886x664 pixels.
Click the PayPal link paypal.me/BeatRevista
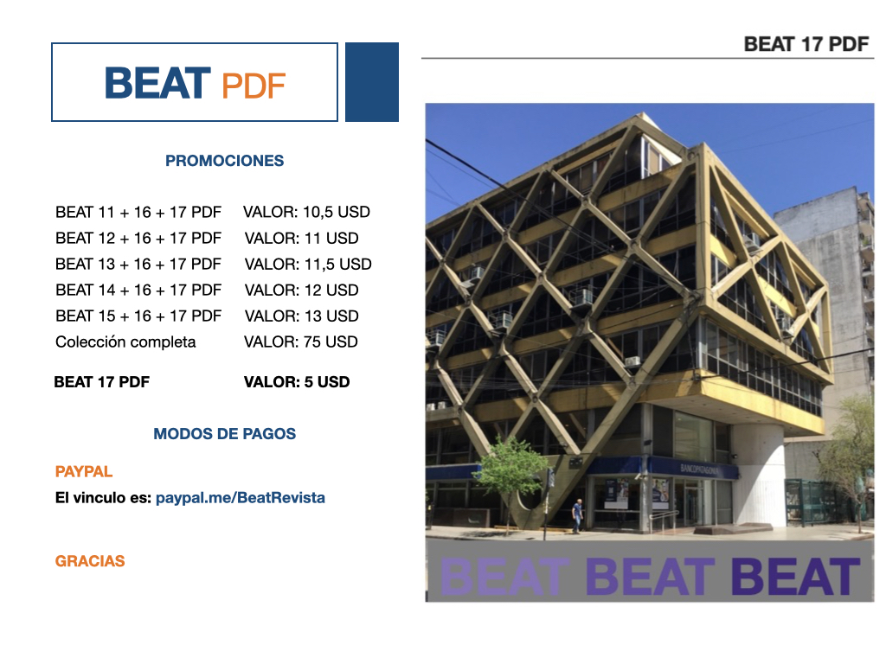pyautogui.click(x=241, y=498)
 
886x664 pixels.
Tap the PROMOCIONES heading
pyautogui.click(x=224, y=161)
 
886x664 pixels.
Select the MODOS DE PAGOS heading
pyautogui.click(x=224, y=434)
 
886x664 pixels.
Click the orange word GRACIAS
pyautogui.click(x=90, y=561)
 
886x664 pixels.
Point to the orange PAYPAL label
pyautogui.click(x=84, y=471)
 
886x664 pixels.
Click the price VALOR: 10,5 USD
pyautogui.click(x=307, y=213)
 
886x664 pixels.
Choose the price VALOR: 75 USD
pyautogui.click(x=301, y=342)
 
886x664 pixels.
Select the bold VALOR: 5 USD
pyautogui.click(x=297, y=382)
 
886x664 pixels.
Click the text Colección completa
pyautogui.click(x=125, y=342)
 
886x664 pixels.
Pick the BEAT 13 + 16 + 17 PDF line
pyautogui.click(x=138, y=265)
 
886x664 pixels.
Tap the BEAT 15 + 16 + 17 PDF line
pyautogui.click(x=138, y=316)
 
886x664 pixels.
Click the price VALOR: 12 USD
pyautogui.click(x=302, y=290)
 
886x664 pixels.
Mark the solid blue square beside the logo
pyautogui.click(x=372, y=82)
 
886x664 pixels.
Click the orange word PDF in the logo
pyautogui.click(x=254, y=86)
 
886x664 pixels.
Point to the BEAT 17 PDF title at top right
pyautogui.click(x=806, y=44)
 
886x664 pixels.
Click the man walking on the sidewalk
pyautogui.click(x=576, y=515)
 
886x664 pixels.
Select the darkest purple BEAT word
pyautogui.click(x=796, y=577)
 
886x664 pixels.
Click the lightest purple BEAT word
pyautogui.click(x=504, y=577)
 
